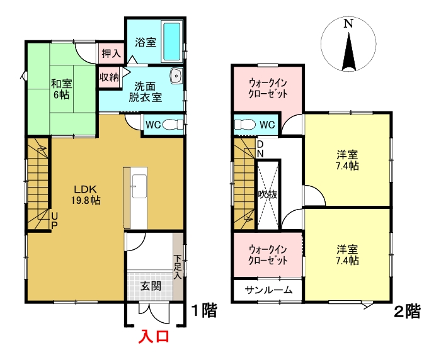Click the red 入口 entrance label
click(x=155, y=337)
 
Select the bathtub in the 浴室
click(x=171, y=42)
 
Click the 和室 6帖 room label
click(x=60, y=88)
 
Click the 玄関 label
click(x=150, y=286)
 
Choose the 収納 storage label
click(x=109, y=77)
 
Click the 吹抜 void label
click(x=268, y=194)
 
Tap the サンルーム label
click(x=268, y=290)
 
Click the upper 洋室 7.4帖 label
click(x=347, y=160)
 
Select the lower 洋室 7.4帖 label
click(x=347, y=254)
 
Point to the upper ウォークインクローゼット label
click(x=268, y=88)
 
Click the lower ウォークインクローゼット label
click(x=268, y=254)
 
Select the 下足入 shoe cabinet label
click(x=178, y=266)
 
